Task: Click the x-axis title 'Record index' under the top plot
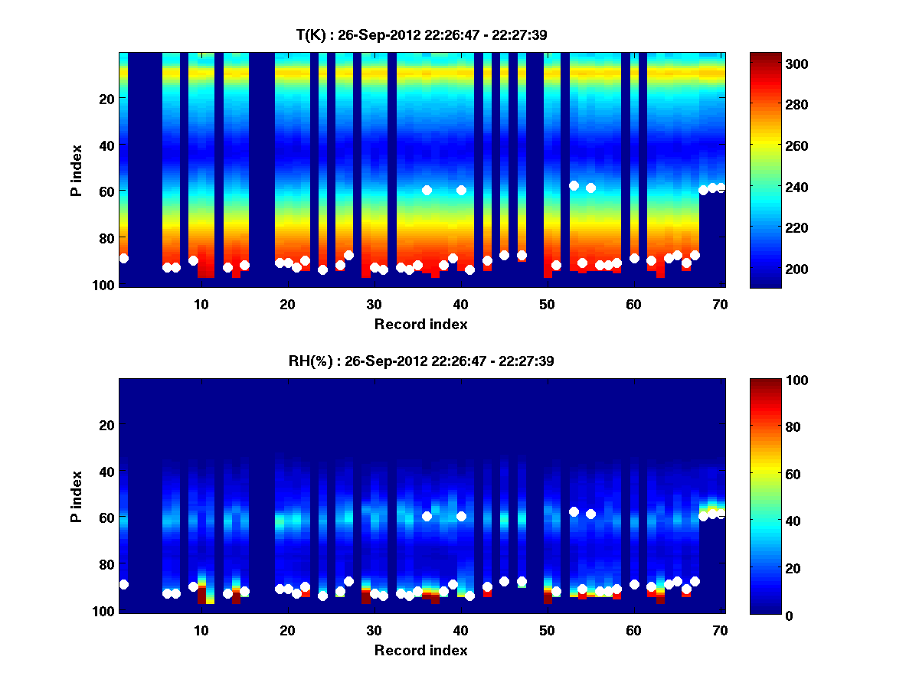(x=420, y=324)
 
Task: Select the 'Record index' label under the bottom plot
(x=420, y=650)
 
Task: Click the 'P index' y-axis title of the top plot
(x=77, y=170)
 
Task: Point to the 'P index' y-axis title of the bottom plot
(x=77, y=496)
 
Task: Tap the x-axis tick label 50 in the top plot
(x=547, y=304)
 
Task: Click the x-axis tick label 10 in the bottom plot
(x=201, y=630)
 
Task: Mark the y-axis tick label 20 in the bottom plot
(x=106, y=424)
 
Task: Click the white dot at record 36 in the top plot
(x=427, y=190)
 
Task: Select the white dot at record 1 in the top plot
(x=123, y=259)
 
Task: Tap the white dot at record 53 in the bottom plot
(x=574, y=511)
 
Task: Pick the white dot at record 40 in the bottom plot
(x=461, y=516)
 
